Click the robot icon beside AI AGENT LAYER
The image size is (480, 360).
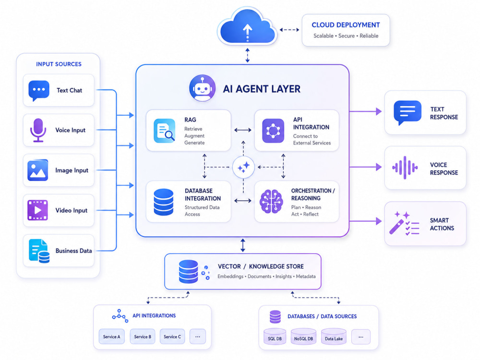202,88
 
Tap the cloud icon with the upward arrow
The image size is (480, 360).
247,27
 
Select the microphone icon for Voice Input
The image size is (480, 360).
38,130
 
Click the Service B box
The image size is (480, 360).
143,336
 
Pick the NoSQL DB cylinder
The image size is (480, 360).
303,336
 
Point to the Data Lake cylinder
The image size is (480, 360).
334,336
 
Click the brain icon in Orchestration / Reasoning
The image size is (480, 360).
271,201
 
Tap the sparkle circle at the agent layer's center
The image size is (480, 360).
243,167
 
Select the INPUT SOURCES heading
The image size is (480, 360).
59,64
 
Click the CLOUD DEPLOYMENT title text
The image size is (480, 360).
346,25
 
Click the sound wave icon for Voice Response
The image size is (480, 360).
405,168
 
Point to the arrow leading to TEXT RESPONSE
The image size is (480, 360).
365,111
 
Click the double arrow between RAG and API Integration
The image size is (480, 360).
243,130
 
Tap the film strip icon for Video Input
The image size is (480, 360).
37,210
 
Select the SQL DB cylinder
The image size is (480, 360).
275,336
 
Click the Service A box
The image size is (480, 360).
112,336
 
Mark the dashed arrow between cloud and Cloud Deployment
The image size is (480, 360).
289,30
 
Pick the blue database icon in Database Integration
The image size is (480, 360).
164,202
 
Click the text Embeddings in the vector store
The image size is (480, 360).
230,276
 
